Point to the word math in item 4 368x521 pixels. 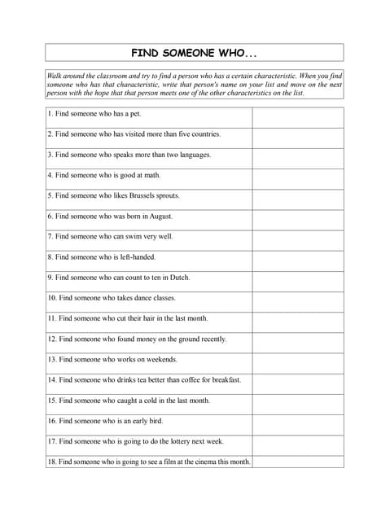(152, 175)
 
